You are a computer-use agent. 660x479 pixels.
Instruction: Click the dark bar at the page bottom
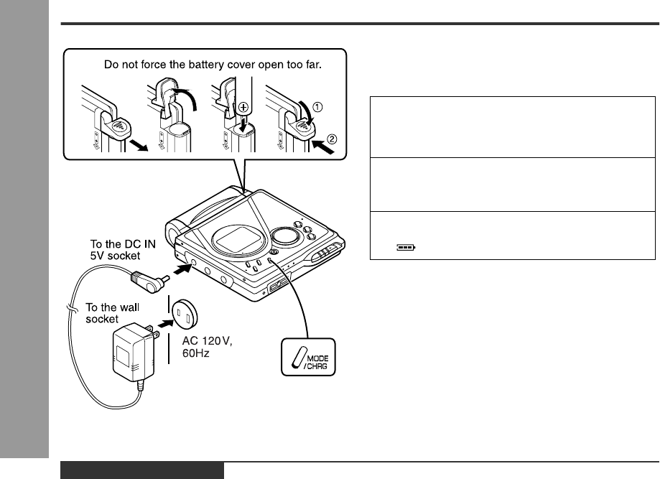click(x=141, y=470)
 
